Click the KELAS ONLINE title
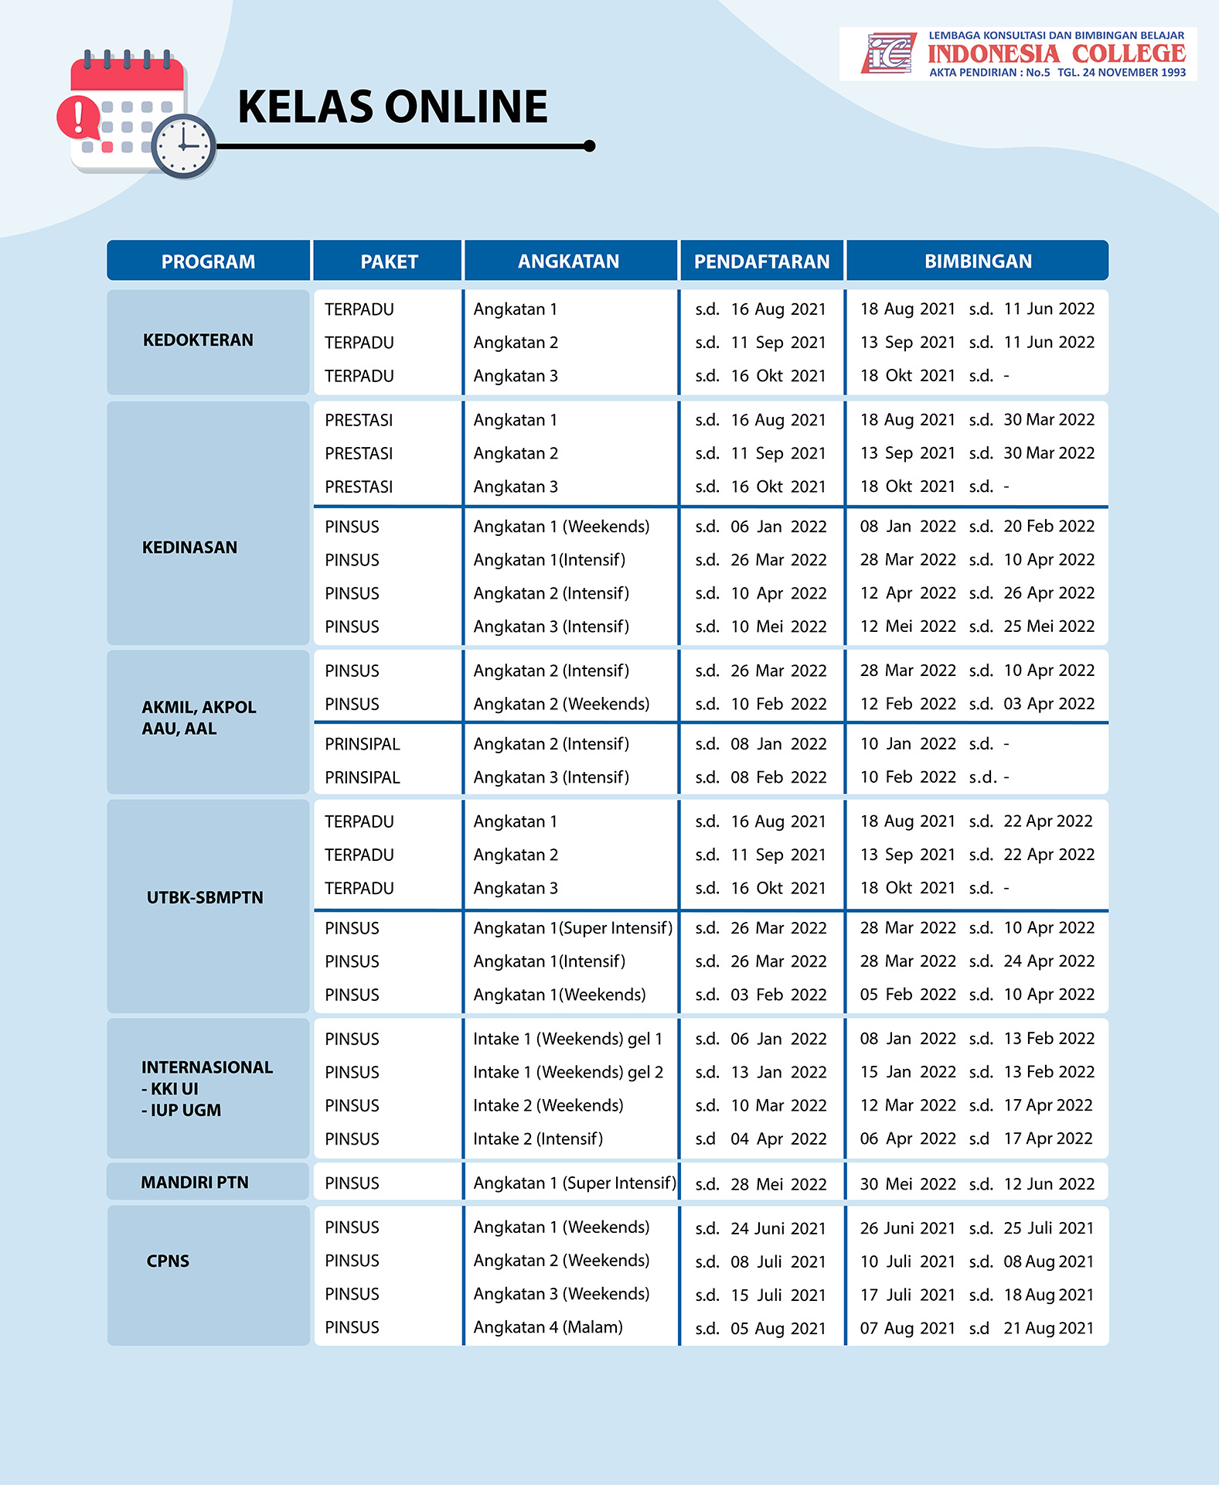[392, 107]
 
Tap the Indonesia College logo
[1018, 54]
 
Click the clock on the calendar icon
[183, 145]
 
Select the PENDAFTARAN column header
[761, 261]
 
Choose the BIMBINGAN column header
[978, 261]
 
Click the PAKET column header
[389, 261]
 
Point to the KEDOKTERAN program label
[198, 340]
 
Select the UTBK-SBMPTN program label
[205, 897]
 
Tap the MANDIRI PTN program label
[195, 1183]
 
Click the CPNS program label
[168, 1261]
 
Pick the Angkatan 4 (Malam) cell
[548, 1327]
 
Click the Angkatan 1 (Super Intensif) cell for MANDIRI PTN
[574, 1183]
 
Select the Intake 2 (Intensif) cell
[538, 1138]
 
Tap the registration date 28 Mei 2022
[778, 1184]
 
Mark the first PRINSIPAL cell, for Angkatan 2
[363, 744]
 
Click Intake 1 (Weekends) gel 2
[568, 1072]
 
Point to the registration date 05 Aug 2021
[778, 1328]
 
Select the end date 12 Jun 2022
[1049, 1184]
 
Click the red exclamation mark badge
[78, 118]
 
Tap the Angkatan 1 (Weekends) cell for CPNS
[561, 1227]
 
